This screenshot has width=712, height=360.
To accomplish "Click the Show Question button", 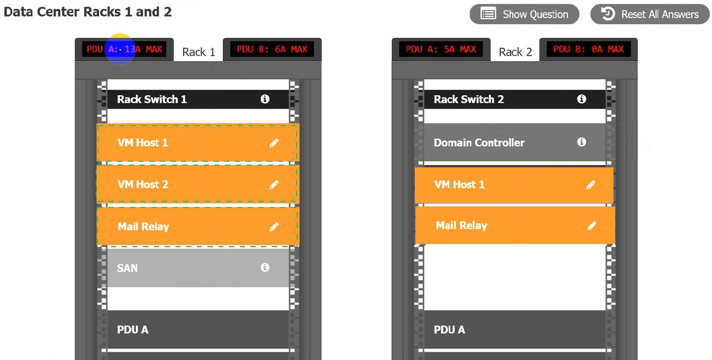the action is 524,14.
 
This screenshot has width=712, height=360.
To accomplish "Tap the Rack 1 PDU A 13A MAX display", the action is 124,50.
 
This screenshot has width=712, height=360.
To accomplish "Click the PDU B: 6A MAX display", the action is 272,50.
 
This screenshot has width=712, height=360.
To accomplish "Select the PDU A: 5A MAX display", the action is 441,50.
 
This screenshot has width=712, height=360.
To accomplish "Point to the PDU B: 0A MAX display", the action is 589,50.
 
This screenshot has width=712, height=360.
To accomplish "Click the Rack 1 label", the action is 199,52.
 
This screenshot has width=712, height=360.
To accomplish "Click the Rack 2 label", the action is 515,52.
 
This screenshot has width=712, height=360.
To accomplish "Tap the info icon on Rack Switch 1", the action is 265,99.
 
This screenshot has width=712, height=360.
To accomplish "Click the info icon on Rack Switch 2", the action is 582,99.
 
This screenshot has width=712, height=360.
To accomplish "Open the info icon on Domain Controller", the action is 582,142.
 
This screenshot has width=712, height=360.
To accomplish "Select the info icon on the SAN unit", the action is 265,268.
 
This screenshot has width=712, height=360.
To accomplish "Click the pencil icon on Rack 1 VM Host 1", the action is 274,143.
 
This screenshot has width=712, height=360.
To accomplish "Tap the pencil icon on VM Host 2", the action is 274,185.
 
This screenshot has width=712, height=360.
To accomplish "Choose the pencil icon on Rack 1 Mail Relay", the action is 274,227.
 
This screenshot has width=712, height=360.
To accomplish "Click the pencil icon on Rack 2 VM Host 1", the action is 591,185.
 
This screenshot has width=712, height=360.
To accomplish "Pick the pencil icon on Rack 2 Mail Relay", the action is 592,226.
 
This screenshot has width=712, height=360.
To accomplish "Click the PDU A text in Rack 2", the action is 450,330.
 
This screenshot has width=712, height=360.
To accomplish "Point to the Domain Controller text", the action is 479,143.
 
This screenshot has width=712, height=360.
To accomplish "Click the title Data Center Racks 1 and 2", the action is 87,12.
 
